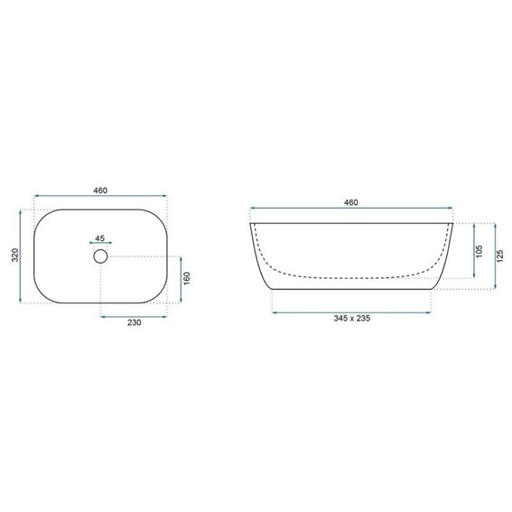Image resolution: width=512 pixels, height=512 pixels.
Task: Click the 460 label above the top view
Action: pos(100,191)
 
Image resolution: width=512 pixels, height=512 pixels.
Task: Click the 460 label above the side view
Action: pos(351,202)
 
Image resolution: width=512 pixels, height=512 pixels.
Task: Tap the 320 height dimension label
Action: pos(15,255)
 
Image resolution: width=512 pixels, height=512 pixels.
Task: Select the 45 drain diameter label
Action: pos(100,238)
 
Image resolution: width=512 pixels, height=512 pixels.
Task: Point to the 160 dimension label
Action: pos(187,278)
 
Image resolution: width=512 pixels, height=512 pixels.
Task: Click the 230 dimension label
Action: pos(135,322)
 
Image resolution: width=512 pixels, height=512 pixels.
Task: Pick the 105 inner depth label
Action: pos(479,251)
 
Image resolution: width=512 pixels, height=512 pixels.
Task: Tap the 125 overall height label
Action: pos(500,256)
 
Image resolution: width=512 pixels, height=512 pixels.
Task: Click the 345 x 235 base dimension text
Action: pos(351,318)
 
